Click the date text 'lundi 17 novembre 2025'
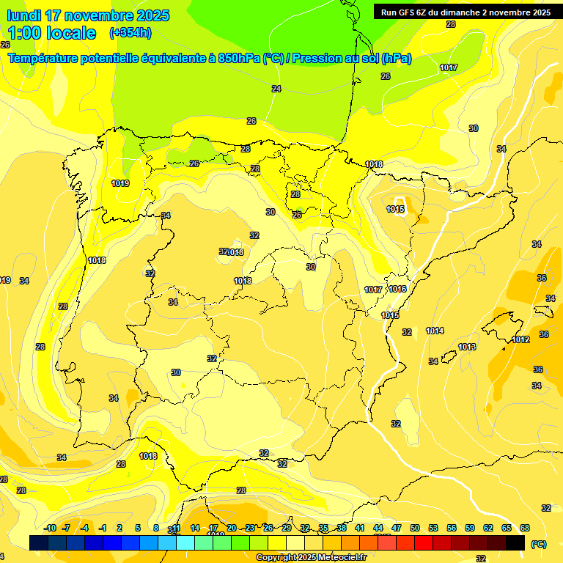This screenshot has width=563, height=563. coord(88,15)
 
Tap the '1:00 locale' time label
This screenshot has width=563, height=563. coord(52,33)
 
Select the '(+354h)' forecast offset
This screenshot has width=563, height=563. coord(130,33)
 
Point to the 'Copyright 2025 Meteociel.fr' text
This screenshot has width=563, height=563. coord(311,558)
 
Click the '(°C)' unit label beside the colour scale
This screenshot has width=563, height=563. coord(538,544)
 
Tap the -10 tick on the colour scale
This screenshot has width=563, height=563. coord(51,528)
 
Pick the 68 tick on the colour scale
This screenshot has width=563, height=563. coord(525,528)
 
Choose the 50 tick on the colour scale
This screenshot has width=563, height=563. coord(415,528)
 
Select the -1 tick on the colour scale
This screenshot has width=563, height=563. coord(103,528)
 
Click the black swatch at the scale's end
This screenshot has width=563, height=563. coord(515,542)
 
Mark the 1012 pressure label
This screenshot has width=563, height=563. coord(521,339)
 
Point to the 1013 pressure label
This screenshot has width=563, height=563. coord(467,347)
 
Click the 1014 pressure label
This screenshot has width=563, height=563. coord(435,331)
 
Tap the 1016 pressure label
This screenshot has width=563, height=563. coord(398,290)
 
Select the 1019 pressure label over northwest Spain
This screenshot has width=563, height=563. coord(120,183)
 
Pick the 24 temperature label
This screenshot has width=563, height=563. coord(276,89)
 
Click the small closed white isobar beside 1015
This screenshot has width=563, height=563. coord(400,201)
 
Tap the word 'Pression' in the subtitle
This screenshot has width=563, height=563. coord(315,59)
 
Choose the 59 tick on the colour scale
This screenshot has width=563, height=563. coord(470,528)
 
